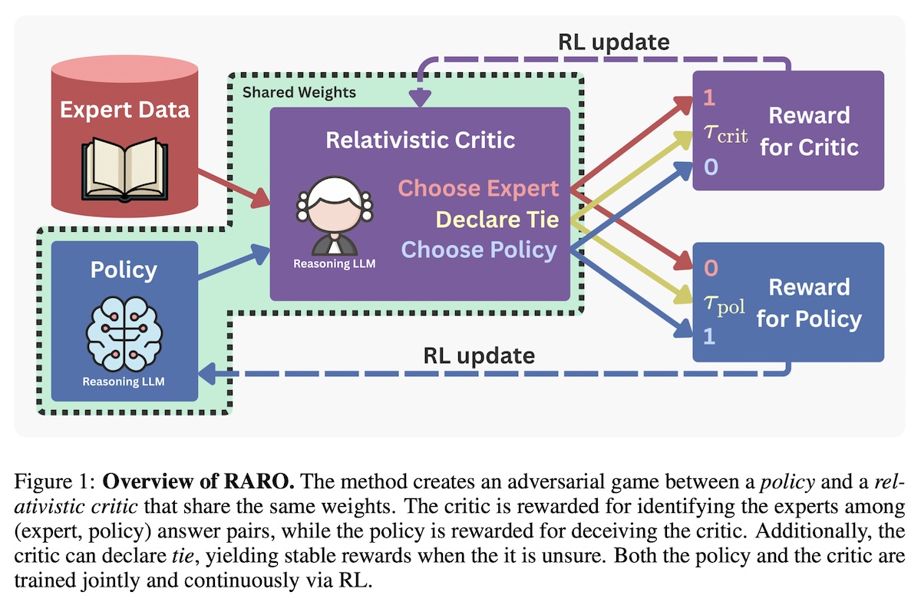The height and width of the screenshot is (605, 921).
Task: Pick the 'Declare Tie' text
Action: pyautogui.click(x=497, y=220)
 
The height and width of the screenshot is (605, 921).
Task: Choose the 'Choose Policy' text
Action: pyautogui.click(x=480, y=250)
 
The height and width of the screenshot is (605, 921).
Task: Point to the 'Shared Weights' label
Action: pyautogui.click(x=299, y=93)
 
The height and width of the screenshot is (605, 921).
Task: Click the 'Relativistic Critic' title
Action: pyautogui.click(x=420, y=141)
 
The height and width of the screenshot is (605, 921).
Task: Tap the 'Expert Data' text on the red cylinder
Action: pyautogui.click(x=125, y=109)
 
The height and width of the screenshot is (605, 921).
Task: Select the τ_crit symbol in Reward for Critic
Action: pyautogui.click(x=725, y=137)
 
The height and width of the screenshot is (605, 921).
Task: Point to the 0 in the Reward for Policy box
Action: pyautogui.click(x=710, y=269)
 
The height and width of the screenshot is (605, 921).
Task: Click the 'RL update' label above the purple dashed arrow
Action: pyautogui.click(x=613, y=42)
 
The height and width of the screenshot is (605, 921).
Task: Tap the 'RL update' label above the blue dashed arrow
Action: pyautogui.click(x=478, y=356)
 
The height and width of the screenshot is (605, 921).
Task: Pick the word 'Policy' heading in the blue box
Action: pyautogui.click(x=124, y=270)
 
